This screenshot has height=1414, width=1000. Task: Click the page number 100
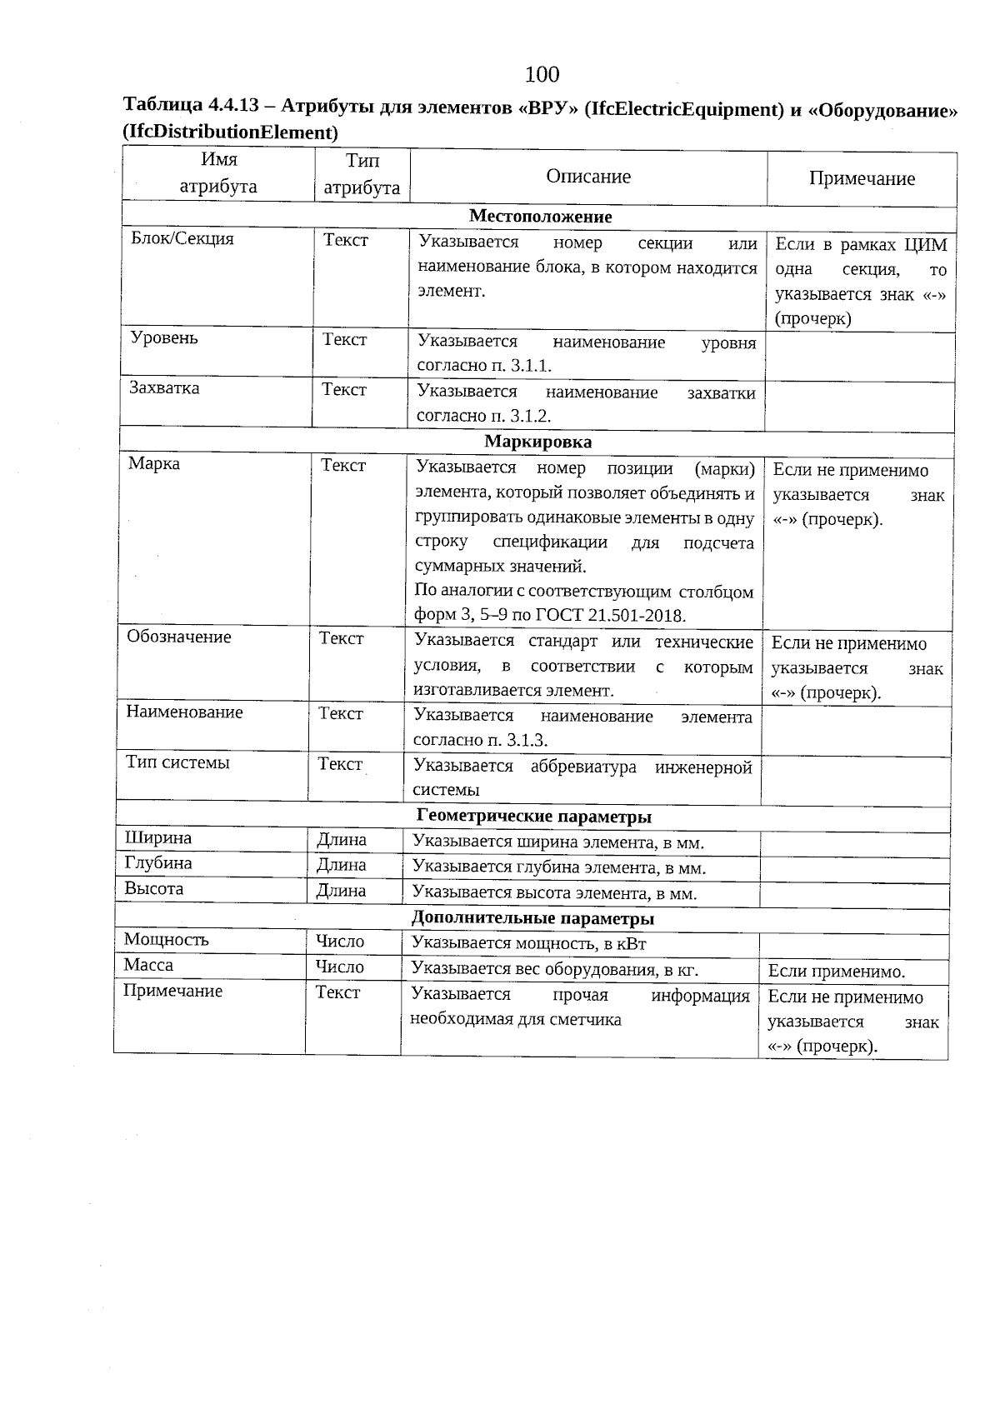[542, 75]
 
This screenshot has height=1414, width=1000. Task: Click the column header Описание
[588, 177]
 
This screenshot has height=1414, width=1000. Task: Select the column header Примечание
[862, 178]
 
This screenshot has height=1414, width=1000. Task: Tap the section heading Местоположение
[540, 217]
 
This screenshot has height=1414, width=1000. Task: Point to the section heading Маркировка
[537, 442]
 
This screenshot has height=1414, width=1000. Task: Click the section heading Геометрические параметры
[533, 817]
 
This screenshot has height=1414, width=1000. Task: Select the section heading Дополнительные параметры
[532, 919]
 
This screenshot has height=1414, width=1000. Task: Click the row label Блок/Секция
[182, 239]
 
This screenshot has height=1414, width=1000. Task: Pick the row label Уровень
[164, 338]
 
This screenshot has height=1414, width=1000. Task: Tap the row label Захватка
[164, 388]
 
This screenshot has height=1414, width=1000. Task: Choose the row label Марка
[154, 464]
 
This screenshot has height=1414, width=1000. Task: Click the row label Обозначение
[179, 637]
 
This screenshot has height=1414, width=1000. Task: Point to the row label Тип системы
[177, 762]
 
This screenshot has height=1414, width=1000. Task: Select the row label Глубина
[158, 863]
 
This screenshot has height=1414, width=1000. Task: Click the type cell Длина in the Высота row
[341, 891]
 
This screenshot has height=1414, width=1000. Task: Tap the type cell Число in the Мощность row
[339, 942]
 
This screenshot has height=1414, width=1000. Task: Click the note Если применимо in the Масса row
[836, 972]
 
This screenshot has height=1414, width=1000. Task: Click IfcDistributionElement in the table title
[230, 132]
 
